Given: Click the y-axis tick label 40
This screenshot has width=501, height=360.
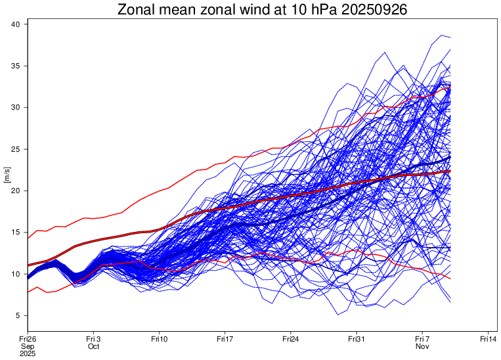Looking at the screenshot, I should [18, 24].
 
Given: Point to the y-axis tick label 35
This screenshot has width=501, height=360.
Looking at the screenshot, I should [18, 66].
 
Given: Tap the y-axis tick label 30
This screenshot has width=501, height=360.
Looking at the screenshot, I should [18, 107].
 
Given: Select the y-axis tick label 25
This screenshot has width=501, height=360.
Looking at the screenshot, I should [18, 149].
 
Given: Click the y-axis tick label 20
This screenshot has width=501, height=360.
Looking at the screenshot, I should [18, 191].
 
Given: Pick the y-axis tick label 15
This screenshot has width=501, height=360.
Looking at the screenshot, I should [18, 232].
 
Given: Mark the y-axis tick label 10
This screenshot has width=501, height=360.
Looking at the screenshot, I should [18, 273].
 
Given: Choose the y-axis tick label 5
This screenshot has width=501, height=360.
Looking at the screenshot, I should [20, 315].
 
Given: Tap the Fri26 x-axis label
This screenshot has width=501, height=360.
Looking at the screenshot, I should [28, 338].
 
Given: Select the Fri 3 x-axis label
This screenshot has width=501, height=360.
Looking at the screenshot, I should [93, 338].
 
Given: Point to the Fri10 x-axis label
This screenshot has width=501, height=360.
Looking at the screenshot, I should [159, 338].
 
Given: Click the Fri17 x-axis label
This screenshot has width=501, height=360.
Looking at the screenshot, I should [225, 338].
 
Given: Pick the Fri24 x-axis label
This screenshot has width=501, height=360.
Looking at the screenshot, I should [291, 338].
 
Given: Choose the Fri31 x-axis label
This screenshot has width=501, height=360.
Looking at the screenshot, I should [357, 338].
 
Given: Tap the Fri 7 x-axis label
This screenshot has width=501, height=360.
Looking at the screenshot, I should [422, 338].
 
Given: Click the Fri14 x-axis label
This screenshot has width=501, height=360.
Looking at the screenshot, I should [488, 338].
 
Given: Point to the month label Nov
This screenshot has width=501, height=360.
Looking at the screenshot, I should [422, 346].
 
